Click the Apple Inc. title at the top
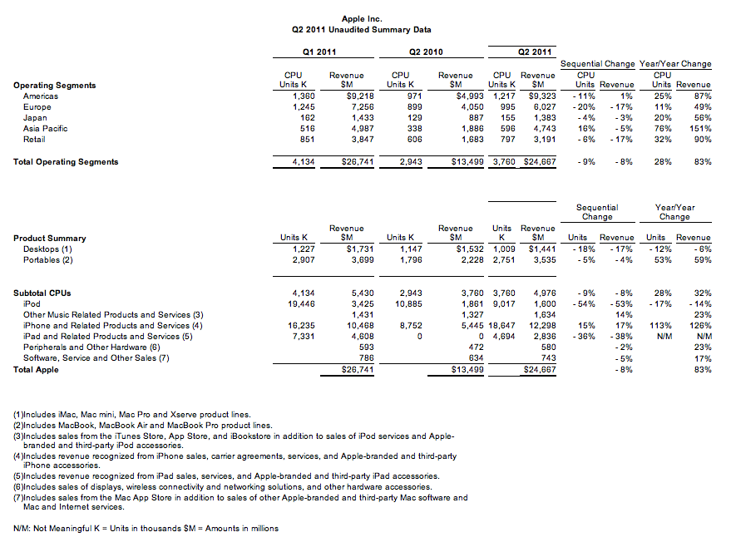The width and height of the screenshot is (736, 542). tap(362, 18)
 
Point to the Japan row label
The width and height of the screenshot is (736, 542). tap(34, 118)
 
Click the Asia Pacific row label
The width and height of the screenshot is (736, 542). tap(44, 129)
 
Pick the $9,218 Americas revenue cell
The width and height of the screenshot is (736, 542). tap(347, 96)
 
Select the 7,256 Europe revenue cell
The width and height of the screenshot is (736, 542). tap(349, 107)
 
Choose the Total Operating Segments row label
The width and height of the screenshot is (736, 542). tap(66, 162)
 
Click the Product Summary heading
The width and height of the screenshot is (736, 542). tap(49, 239)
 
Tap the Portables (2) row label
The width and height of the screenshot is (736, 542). tap(48, 260)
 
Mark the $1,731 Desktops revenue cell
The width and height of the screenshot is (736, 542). tap(347, 249)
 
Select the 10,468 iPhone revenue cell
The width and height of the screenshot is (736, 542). tap(348, 326)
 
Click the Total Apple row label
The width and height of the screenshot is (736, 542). tap(36, 369)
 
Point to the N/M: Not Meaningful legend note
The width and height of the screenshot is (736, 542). tap(146, 528)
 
